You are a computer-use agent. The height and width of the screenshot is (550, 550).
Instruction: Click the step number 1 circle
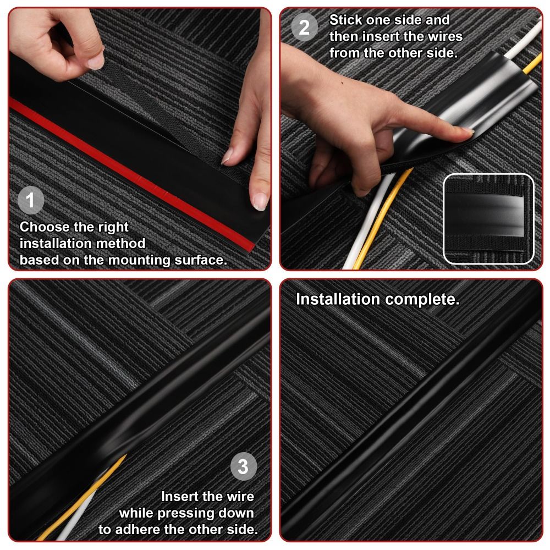pyautogui.click(x=31, y=200)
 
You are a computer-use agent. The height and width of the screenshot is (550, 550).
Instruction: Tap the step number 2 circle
pyautogui.click(x=304, y=27)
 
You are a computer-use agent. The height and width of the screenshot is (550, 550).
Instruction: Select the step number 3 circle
pyautogui.click(x=243, y=468)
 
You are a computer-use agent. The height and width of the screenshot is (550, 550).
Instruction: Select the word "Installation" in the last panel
pyautogui.click(x=338, y=300)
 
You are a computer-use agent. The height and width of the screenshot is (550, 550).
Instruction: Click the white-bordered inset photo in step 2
pyautogui.click(x=488, y=218)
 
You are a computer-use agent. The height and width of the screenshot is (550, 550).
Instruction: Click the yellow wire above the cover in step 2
pyautogui.click(x=532, y=63)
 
